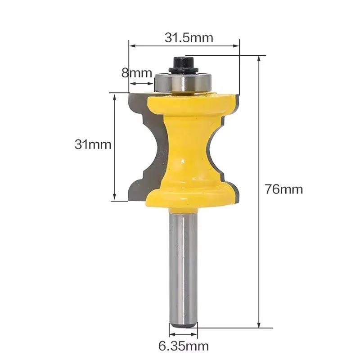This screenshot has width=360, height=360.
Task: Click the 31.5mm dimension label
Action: [189, 38]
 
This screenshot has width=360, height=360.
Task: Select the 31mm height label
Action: [93, 144]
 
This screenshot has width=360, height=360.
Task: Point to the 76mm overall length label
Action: [283, 189]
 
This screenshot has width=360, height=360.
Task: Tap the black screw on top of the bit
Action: [184, 64]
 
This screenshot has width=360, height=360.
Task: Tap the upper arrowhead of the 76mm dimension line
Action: [259, 59]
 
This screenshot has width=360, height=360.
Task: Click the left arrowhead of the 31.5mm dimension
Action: [132, 45]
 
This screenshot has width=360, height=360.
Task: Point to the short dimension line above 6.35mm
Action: [183, 335]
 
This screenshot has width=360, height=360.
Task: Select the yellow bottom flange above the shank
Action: [189, 196]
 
